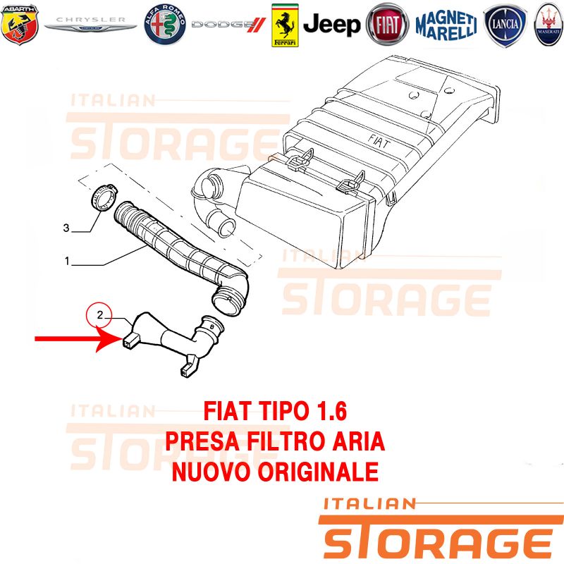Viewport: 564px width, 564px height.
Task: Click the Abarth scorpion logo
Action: [x=20, y=25]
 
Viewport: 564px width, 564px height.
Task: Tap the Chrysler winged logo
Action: [x=90, y=24]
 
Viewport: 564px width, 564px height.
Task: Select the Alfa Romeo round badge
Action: [x=165, y=25]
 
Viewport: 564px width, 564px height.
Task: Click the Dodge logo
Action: [x=228, y=25]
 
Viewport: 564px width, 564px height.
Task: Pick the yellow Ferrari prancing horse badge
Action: [x=285, y=25]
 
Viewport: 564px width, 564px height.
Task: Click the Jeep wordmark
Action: [x=331, y=25]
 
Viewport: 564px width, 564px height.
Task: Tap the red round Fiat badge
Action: [x=387, y=25]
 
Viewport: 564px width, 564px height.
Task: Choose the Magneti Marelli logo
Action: [x=446, y=25]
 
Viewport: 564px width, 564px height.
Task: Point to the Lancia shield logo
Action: [x=505, y=25]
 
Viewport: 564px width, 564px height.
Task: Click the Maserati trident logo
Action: [x=548, y=25]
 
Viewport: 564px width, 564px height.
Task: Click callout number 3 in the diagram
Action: [x=66, y=228]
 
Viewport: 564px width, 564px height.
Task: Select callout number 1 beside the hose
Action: [x=67, y=261]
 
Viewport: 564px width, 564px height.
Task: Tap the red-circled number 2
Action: [x=99, y=314]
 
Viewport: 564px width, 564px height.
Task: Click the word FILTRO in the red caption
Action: [x=286, y=441]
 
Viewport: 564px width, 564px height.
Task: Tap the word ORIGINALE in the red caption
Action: [x=318, y=472]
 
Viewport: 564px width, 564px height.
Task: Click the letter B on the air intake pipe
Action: [x=212, y=327]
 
